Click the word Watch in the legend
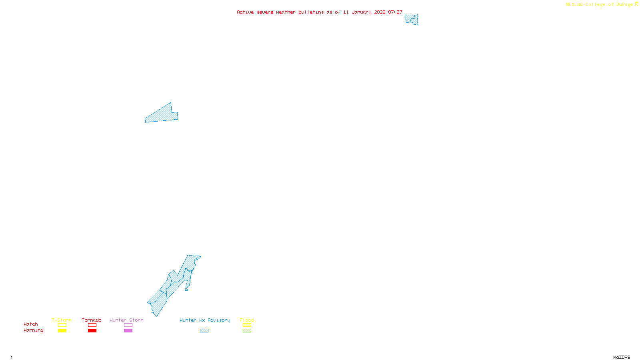pos(31,324)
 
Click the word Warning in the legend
pos(33,330)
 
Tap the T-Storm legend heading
pos(62,320)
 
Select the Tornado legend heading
pos(92,320)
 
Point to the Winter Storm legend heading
pos(126,320)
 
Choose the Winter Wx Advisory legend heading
pos(205,320)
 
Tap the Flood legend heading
pos(247,320)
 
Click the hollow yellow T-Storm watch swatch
pos(62,325)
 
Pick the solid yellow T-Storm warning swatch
pos(62,331)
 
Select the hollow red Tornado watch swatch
pos(92,325)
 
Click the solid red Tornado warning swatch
pos(92,331)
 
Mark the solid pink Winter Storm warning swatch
pos(128,331)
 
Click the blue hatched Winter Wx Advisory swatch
pos(204,331)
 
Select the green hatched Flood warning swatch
pos(247,331)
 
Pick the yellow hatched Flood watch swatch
pos(247,325)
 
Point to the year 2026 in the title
pos(380,12)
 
